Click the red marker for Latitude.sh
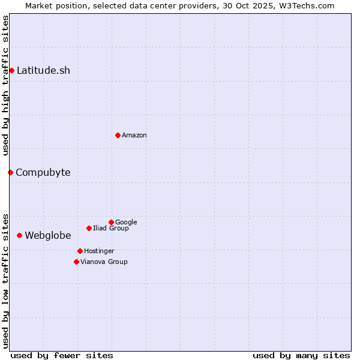pyautogui.click(x=11, y=71)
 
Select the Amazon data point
pyautogui.click(x=118, y=135)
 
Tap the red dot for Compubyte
pyautogui.click(x=10, y=173)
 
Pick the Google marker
pyautogui.click(x=111, y=222)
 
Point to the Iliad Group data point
pyautogui.click(x=89, y=228)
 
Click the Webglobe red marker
pyautogui.click(x=19, y=236)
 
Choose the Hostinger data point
pyautogui.click(x=80, y=251)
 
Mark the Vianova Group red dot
pyautogui.click(x=76, y=262)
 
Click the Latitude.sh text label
pyautogui.click(x=43, y=71)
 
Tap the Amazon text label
pyautogui.click(x=134, y=136)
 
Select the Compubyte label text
pyautogui.click(x=43, y=173)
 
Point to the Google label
pyautogui.click(x=126, y=223)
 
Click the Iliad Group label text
pyautogui.click(x=111, y=229)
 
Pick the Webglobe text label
pyautogui.click(x=48, y=236)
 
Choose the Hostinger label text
pyautogui.click(x=99, y=251)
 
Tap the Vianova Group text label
pyautogui.click(x=104, y=262)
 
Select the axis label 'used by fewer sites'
pyautogui.click(x=62, y=356)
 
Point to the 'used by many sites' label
pyautogui.click(x=301, y=356)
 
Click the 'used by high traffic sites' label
pyautogui.click(x=6, y=85)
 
